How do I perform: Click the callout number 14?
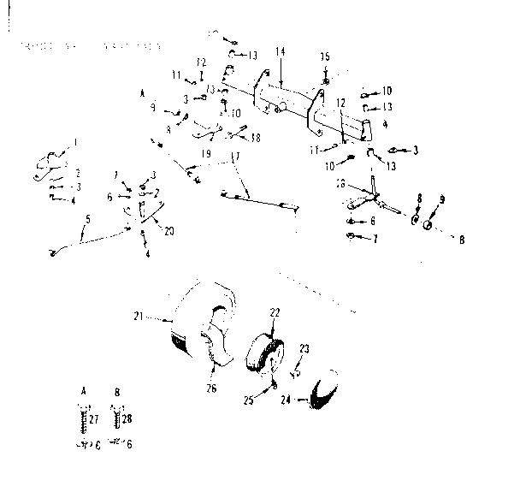tap(280, 52)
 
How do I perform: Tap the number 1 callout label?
tap(74, 141)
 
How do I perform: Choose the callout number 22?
tap(275, 313)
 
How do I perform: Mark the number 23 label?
tap(304, 348)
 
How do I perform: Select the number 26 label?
tap(211, 388)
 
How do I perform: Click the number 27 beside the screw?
tap(93, 418)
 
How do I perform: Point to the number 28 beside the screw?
tap(127, 418)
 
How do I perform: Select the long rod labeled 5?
tap(94, 239)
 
